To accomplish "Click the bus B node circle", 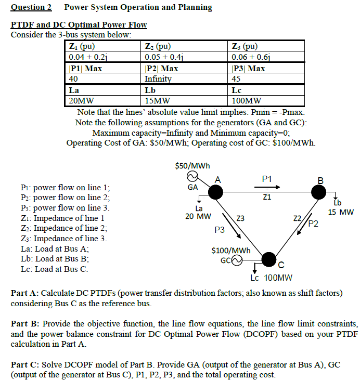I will [x=319, y=192].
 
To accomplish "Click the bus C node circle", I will [x=268, y=258].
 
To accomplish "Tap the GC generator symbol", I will [x=237, y=259].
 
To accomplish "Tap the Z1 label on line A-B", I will [x=267, y=198].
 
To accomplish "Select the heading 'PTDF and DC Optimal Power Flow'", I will [x=79, y=25].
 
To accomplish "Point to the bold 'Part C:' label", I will [x=25, y=365].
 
